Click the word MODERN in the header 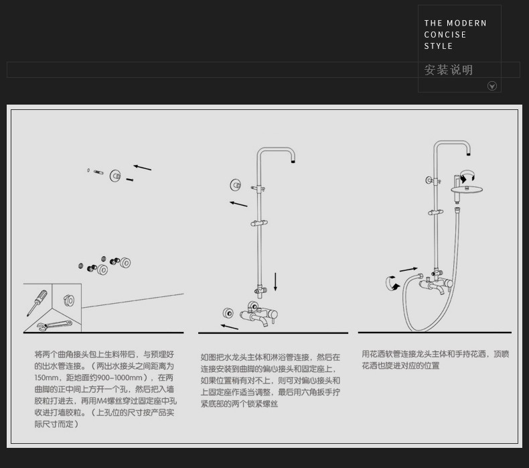point(466,23)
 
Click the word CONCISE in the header point(445,35)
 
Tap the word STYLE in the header point(438,46)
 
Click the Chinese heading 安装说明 point(449,70)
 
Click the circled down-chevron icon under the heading point(492,86)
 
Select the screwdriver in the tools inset point(37,303)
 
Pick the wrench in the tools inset point(54,325)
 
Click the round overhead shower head point(467,189)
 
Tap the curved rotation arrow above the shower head point(467,176)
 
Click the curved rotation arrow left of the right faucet point(392,283)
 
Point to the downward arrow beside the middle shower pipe point(275,282)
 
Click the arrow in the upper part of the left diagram point(142,167)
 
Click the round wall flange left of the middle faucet point(228,313)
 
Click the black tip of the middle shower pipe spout point(293,161)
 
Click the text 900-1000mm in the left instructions point(119,377)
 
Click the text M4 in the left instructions point(101,401)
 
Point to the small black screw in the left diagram point(130,180)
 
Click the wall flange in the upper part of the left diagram point(115,176)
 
